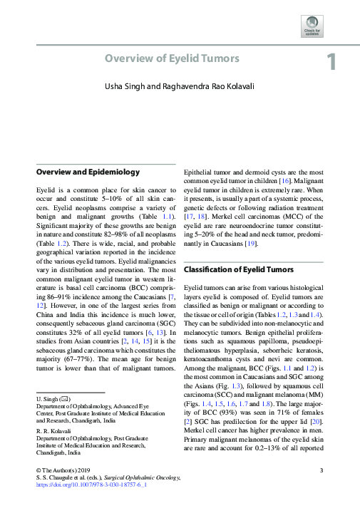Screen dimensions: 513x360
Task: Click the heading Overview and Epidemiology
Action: (x=88, y=172)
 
